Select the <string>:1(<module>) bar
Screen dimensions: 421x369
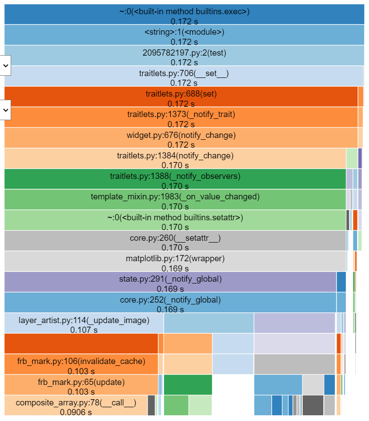click(x=184, y=36)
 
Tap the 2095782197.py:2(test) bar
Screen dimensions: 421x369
click(x=184, y=56)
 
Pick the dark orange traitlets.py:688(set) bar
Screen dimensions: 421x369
click(x=181, y=97)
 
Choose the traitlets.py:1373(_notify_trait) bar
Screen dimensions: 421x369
click(x=181, y=117)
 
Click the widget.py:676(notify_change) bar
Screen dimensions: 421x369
click(x=181, y=138)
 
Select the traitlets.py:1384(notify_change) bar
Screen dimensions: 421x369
click(x=175, y=158)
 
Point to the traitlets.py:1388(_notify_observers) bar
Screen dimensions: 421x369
click(x=175, y=179)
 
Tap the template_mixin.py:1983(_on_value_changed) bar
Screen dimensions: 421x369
click(x=175, y=199)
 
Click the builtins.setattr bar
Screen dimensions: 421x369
click(x=175, y=220)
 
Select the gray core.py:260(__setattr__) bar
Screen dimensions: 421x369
click(x=175, y=240)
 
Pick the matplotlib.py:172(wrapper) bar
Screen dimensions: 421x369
click(x=175, y=261)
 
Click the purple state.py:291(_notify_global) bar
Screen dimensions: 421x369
click(x=170, y=282)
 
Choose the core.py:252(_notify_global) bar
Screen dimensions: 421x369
click(x=170, y=302)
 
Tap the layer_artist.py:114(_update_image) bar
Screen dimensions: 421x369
click(x=84, y=323)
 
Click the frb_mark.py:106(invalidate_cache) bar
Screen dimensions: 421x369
click(x=81, y=364)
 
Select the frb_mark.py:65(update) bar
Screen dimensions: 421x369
click(x=81, y=385)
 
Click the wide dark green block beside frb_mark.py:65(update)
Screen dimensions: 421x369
click(x=188, y=385)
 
